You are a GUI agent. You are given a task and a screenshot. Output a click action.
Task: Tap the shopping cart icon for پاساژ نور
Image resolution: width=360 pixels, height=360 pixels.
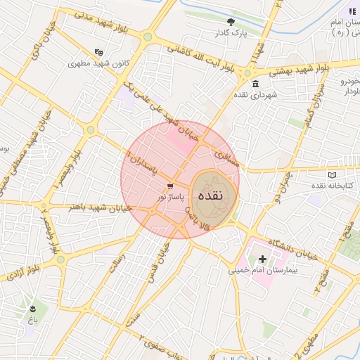click(x=171, y=186)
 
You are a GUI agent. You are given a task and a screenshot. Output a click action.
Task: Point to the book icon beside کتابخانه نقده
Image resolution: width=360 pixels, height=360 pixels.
click(x=332, y=174)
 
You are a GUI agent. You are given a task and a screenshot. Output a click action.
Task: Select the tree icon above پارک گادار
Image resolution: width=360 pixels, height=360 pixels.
click(x=231, y=22)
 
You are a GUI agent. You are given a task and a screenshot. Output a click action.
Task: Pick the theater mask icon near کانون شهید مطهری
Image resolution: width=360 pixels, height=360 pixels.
click(x=99, y=51)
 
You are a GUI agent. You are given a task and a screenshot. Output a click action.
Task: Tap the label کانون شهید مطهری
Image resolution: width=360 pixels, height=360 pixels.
click(x=96, y=63)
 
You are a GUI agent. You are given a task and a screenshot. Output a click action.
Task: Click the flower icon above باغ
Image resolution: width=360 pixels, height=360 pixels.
click(x=32, y=309)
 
